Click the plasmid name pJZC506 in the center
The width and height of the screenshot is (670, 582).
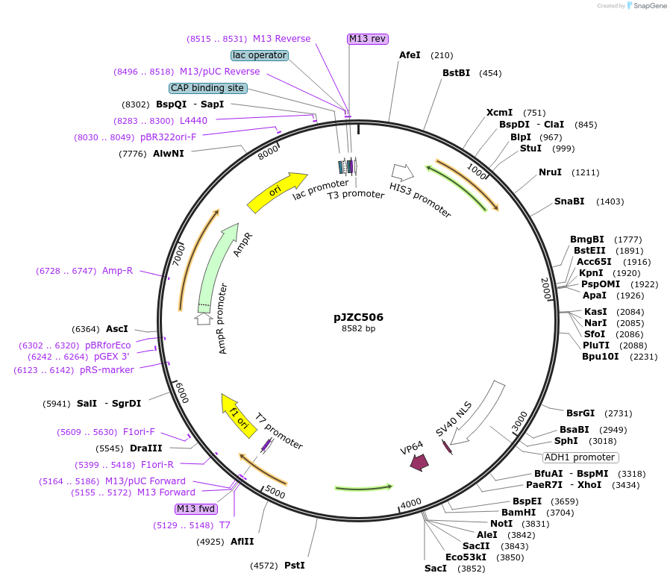click(x=358, y=316)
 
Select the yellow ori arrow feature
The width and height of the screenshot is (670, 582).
click(x=277, y=192)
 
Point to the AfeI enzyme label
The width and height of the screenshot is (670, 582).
click(x=410, y=55)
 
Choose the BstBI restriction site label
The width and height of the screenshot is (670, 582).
click(x=456, y=73)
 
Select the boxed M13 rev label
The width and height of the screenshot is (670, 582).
click(x=368, y=39)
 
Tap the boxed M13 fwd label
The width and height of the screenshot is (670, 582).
click(x=195, y=509)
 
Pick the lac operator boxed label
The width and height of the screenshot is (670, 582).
click(x=260, y=55)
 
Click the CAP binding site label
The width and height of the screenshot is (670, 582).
click(x=207, y=88)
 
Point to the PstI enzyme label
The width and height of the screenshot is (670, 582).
click(x=295, y=566)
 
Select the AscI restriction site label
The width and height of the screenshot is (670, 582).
click(x=117, y=329)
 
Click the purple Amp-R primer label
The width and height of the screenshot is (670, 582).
click(x=117, y=271)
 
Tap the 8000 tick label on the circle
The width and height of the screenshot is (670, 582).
click(x=268, y=152)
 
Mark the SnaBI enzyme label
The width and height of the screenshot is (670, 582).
click(x=569, y=201)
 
